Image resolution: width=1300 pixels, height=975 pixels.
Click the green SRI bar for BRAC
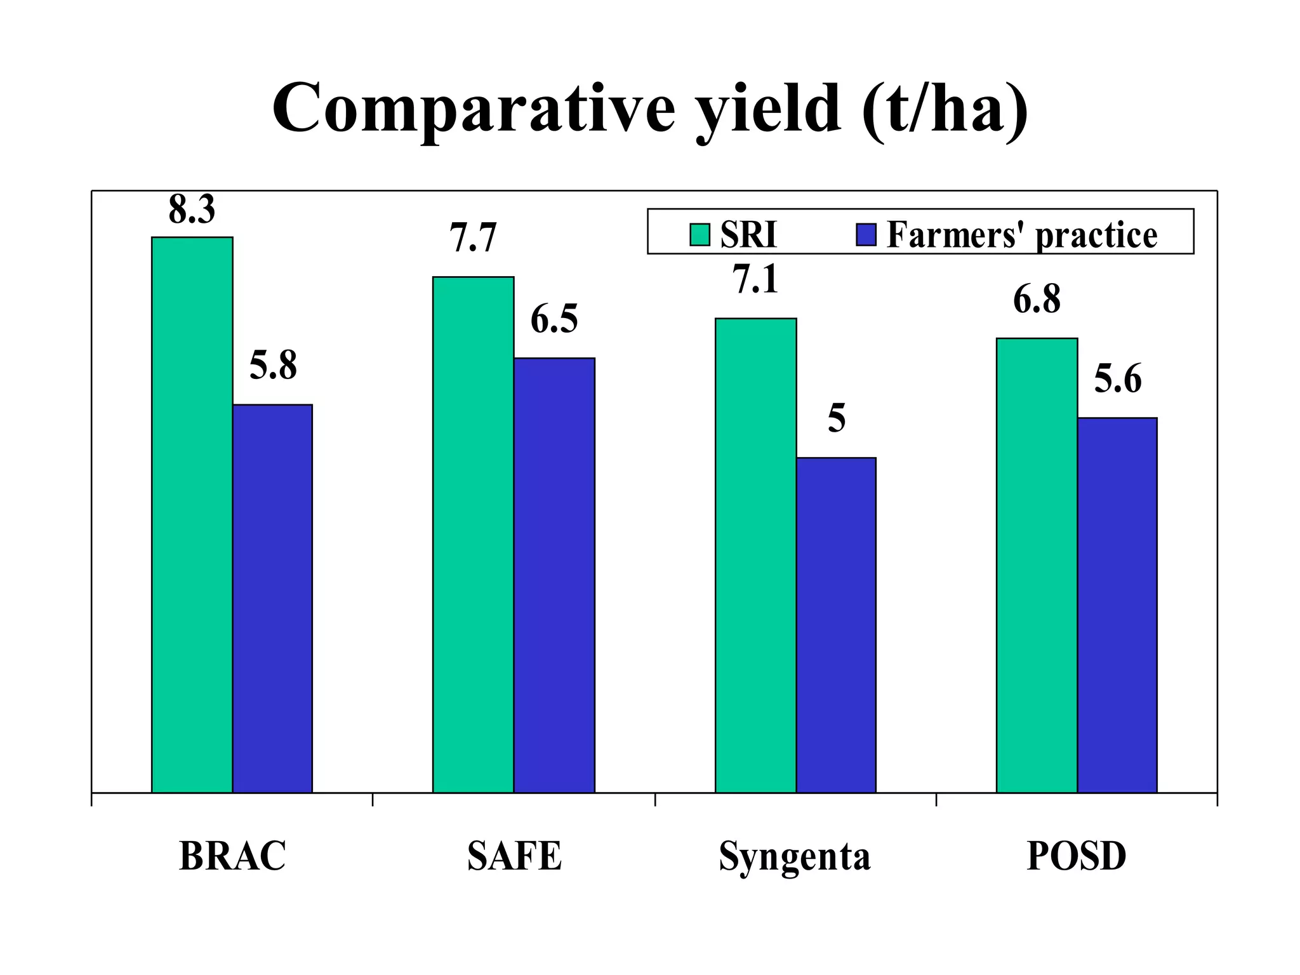tap(192, 514)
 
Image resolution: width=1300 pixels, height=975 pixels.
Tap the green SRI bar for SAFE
tap(473, 534)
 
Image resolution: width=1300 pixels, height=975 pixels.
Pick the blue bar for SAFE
tap(554, 574)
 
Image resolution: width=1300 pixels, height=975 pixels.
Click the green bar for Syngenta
tap(755, 555)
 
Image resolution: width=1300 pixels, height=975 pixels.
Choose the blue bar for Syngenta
tap(836, 625)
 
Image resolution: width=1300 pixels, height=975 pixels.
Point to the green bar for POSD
tap(1037, 565)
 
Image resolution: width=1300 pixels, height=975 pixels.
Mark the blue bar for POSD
tap(1117, 604)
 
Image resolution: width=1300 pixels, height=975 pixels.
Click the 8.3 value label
tap(192, 209)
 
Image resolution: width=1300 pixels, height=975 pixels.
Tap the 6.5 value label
tap(554, 319)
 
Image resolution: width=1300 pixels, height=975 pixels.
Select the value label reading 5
tap(837, 419)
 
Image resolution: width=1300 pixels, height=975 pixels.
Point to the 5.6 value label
tap(1118, 379)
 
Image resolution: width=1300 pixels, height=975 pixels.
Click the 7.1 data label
tap(755, 279)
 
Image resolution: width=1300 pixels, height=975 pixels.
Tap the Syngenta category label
tap(794, 857)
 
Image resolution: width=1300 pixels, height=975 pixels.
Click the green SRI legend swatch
tap(700, 234)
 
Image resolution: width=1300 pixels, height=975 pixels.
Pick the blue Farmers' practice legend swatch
tap(866, 234)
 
